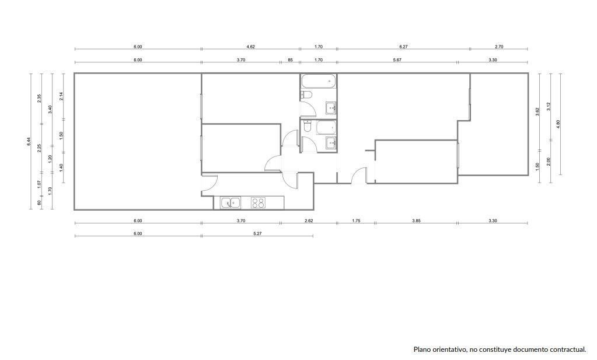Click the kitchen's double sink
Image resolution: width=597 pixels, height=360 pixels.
[x=231, y=203]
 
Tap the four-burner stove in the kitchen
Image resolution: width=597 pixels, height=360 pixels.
[x=258, y=203]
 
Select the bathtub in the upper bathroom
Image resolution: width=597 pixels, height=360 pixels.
[x=318, y=81]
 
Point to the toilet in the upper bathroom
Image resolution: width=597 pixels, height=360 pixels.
[x=306, y=95]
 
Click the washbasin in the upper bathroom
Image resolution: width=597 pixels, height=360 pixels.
[x=330, y=108]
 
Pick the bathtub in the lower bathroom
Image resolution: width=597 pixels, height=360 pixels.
[x=326, y=128]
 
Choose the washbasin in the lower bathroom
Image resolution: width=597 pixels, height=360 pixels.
[x=330, y=143]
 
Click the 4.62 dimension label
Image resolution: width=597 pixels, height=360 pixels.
[x=250, y=47]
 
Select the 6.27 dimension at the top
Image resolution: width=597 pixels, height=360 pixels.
[x=403, y=47]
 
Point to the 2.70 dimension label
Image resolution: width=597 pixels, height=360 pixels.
[x=499, y=47]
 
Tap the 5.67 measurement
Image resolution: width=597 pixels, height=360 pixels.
[x=397, y=60]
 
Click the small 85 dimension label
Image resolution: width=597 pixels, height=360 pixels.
[x=290, y=60]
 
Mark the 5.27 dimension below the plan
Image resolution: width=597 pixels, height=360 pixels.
[x=257, y=233]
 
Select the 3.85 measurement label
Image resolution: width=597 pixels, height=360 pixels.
[x=416, y=221]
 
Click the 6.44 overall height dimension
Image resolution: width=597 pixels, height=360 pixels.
[x=29, y=142]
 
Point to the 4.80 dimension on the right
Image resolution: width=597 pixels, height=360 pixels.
[x=558, y=124]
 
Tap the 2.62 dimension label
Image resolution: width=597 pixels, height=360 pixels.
[x=308, y=221]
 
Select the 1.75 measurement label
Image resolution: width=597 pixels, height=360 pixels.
[x=356, y=221]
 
